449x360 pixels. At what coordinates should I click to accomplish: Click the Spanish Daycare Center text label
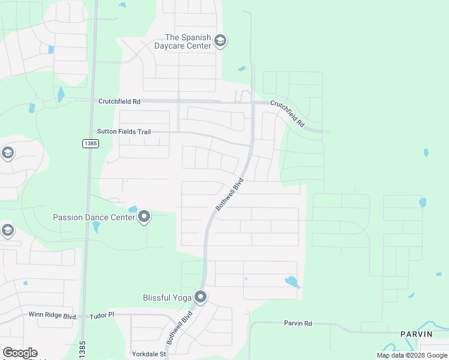[x=188, y=41]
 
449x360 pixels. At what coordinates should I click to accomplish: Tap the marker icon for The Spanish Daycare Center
[x=220, y=41]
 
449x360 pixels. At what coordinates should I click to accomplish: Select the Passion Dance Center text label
[x=94, y=217]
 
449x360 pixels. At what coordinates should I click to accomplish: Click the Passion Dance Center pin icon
[x=144, y=217]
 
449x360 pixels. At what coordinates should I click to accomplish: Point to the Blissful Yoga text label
[x=167, y=298]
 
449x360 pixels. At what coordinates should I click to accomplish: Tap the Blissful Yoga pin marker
[x=200, y=297]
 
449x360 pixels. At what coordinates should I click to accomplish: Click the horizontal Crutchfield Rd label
[x=119, y=102]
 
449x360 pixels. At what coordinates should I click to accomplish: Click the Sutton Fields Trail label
[x=124, y=131]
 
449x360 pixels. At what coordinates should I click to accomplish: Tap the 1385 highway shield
[x=90, y=144]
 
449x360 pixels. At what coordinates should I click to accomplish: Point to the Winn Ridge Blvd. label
[x=53, y=314]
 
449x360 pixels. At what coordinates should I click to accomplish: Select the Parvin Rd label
[x=298, y=323]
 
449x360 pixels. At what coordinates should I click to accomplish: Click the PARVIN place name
[x=417, y=334]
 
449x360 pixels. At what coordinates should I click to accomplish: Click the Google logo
[x=20, y=353]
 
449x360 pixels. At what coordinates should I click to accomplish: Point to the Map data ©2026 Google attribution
[x=412, y=355]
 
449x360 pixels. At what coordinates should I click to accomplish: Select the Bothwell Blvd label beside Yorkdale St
[x=179, y=327]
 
